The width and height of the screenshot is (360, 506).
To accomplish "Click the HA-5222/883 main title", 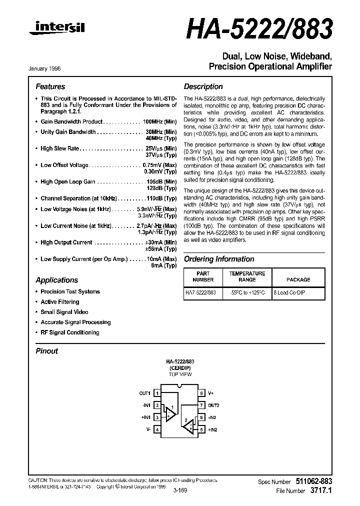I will coord(259,30).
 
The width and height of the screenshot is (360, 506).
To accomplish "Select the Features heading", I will coord(50,86).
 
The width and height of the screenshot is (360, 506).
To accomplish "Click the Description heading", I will coord(203,86).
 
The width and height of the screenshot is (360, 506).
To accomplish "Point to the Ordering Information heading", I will coord(219,259).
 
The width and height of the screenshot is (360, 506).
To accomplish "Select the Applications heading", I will coord(56,280).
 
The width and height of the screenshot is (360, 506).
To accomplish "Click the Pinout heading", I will coord(46,351).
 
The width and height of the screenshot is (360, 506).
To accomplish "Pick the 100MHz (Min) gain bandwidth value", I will coord(159,121).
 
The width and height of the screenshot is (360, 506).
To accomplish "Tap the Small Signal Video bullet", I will coord(64,312).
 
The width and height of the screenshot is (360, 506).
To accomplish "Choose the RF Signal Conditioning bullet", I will coord(69,332).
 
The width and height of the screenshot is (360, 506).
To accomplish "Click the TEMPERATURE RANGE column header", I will coord(247,276).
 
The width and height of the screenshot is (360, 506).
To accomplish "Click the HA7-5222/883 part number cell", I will coord(201,293).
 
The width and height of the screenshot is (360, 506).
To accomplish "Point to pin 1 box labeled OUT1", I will coord(156,393).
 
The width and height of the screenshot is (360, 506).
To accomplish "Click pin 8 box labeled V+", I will coord(201,393).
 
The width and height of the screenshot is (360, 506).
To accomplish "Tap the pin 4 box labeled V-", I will coord(156,429).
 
